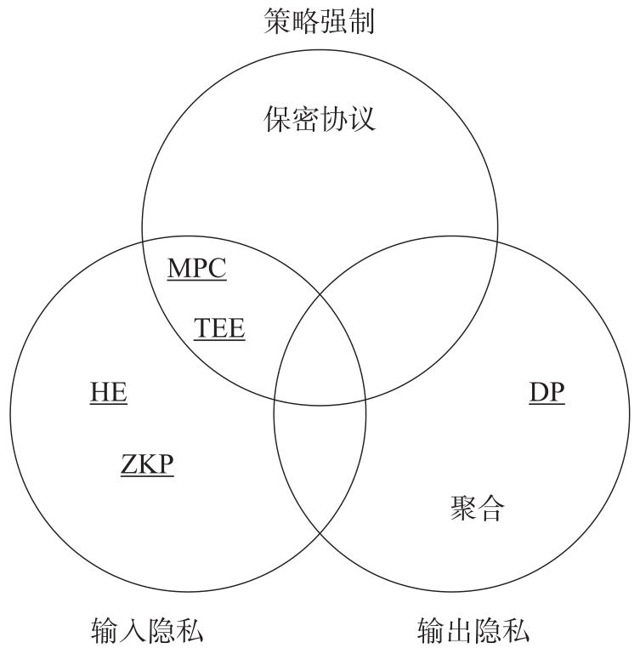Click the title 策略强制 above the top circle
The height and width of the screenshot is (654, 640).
pos(319,20)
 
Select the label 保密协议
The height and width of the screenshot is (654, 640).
pos(319,118)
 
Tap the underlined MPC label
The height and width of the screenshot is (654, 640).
pos(197,269)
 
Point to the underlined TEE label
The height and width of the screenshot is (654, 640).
pos(219,328)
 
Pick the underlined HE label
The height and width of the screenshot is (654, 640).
pos(109,393)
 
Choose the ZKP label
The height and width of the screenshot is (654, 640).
pos(146,463)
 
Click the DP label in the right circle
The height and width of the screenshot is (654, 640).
pos(547,393)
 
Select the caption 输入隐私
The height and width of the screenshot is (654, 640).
pos(147,631)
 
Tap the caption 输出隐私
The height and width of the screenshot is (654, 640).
pos(473,631)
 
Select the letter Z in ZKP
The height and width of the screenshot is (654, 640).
pos(128,463)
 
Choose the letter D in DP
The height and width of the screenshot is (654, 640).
pos(538,393)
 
